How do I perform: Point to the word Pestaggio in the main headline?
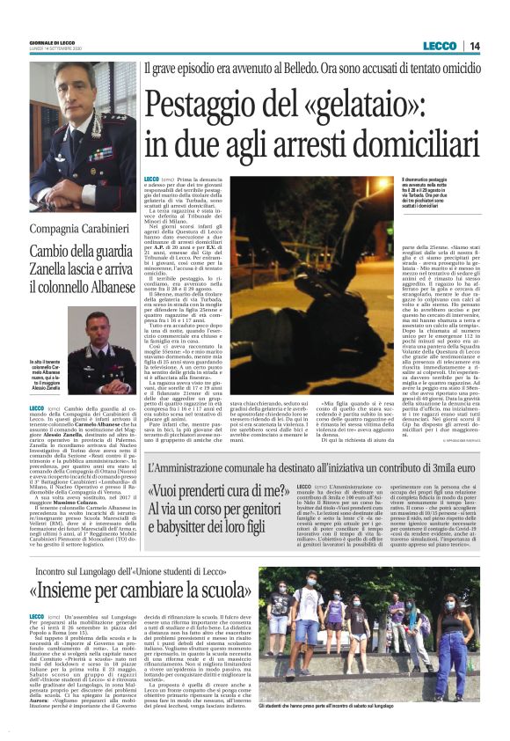pyautogui.click(x=208, y=105)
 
